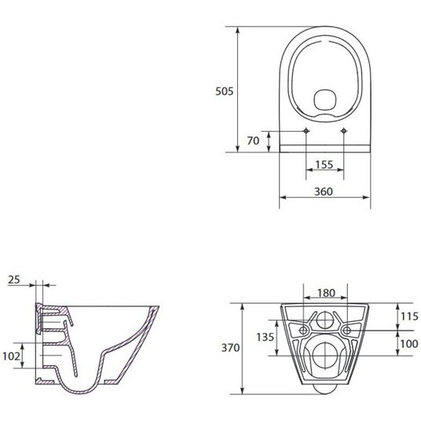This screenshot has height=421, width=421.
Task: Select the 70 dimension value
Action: click(x=253, y=141)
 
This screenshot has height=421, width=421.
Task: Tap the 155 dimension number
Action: click(x=324, y=165)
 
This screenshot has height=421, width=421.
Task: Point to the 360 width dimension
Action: click(x=324, y=192)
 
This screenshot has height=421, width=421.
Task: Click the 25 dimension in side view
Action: click(x=13, y=280)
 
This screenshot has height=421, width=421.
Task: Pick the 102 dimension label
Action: click(x=11, y=355)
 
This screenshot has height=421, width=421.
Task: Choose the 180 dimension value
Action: click(x=325, y=293)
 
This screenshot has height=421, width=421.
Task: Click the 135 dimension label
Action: click(x=265, y=337)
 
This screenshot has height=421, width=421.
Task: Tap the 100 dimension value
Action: click(x=408, y=344)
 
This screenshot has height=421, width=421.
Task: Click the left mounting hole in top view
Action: click(x=306, y=130)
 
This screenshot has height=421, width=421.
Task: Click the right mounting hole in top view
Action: click(x=345, y=130)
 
